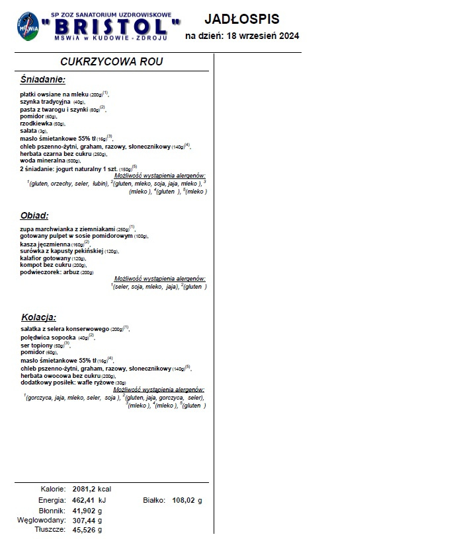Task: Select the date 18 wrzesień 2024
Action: tap(263, 36)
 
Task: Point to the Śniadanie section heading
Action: tap(43, 79)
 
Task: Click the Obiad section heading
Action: tap(34, 215)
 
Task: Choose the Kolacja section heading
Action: tap(38, 317)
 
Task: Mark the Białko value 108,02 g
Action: tap(187, 500)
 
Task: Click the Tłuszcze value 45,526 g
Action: tap(87, 530)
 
